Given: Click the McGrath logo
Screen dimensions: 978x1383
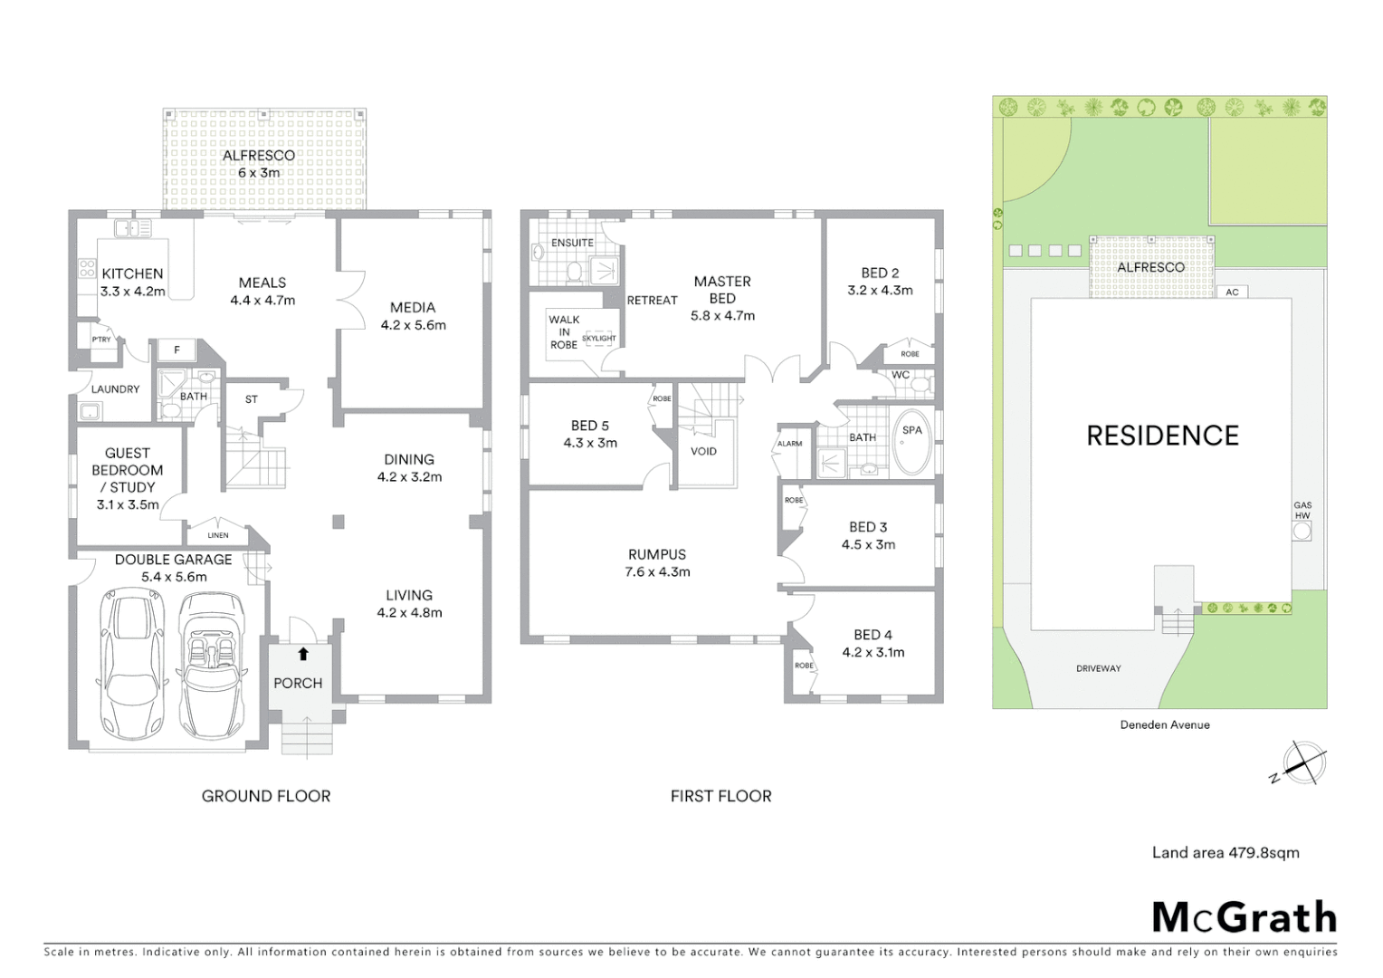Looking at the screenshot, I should coord(1244,917).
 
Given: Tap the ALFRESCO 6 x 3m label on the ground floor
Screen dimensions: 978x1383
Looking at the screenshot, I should coord(259,164).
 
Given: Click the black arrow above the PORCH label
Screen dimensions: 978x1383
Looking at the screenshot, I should coord(303,654).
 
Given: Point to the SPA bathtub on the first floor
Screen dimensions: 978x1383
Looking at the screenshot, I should coord(911,443).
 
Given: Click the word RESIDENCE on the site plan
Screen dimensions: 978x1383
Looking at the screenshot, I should coord(1162,436).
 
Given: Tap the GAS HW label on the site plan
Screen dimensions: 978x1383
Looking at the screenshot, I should coord(1302,511).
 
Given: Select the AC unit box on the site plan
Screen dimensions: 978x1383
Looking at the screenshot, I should coord(1232,292).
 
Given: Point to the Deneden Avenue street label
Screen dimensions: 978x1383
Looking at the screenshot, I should coord(1165,724).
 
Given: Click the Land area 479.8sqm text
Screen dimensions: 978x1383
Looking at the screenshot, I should coord(1226,852).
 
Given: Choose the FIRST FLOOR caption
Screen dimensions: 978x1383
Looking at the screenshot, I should coord(720,796).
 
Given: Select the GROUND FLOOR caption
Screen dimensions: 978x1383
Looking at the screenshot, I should coord(266,796).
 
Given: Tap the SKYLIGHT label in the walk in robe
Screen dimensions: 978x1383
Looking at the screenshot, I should coord(598,339).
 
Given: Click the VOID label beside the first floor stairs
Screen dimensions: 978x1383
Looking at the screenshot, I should coord(703,451).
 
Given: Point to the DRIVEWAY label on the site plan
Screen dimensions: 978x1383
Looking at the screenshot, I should coord(1099,668).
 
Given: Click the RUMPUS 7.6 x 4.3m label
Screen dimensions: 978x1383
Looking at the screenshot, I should coord(657,562).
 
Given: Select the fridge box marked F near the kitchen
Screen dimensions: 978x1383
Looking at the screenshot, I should coord(176,350).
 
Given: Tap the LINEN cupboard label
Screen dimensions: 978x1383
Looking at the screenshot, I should coord(218,535).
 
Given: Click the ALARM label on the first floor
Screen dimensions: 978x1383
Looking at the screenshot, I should coord(789,444).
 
